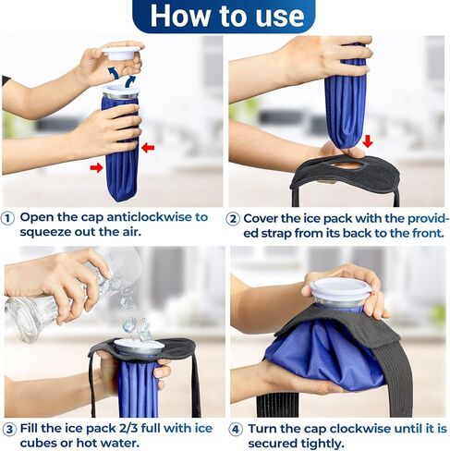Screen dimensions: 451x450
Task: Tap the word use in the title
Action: [x=276, y=16]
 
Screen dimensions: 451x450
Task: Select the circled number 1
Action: [x=8, y=218]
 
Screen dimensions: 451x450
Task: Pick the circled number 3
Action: [x=8, y=429]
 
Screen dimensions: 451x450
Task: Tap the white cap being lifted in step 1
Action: [x=121, y=53]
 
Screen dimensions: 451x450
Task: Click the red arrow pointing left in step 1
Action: [x=148, y=147]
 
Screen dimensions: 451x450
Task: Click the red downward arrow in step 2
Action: [x=368, y=141]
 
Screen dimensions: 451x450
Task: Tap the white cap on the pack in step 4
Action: [x=340, y=289]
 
